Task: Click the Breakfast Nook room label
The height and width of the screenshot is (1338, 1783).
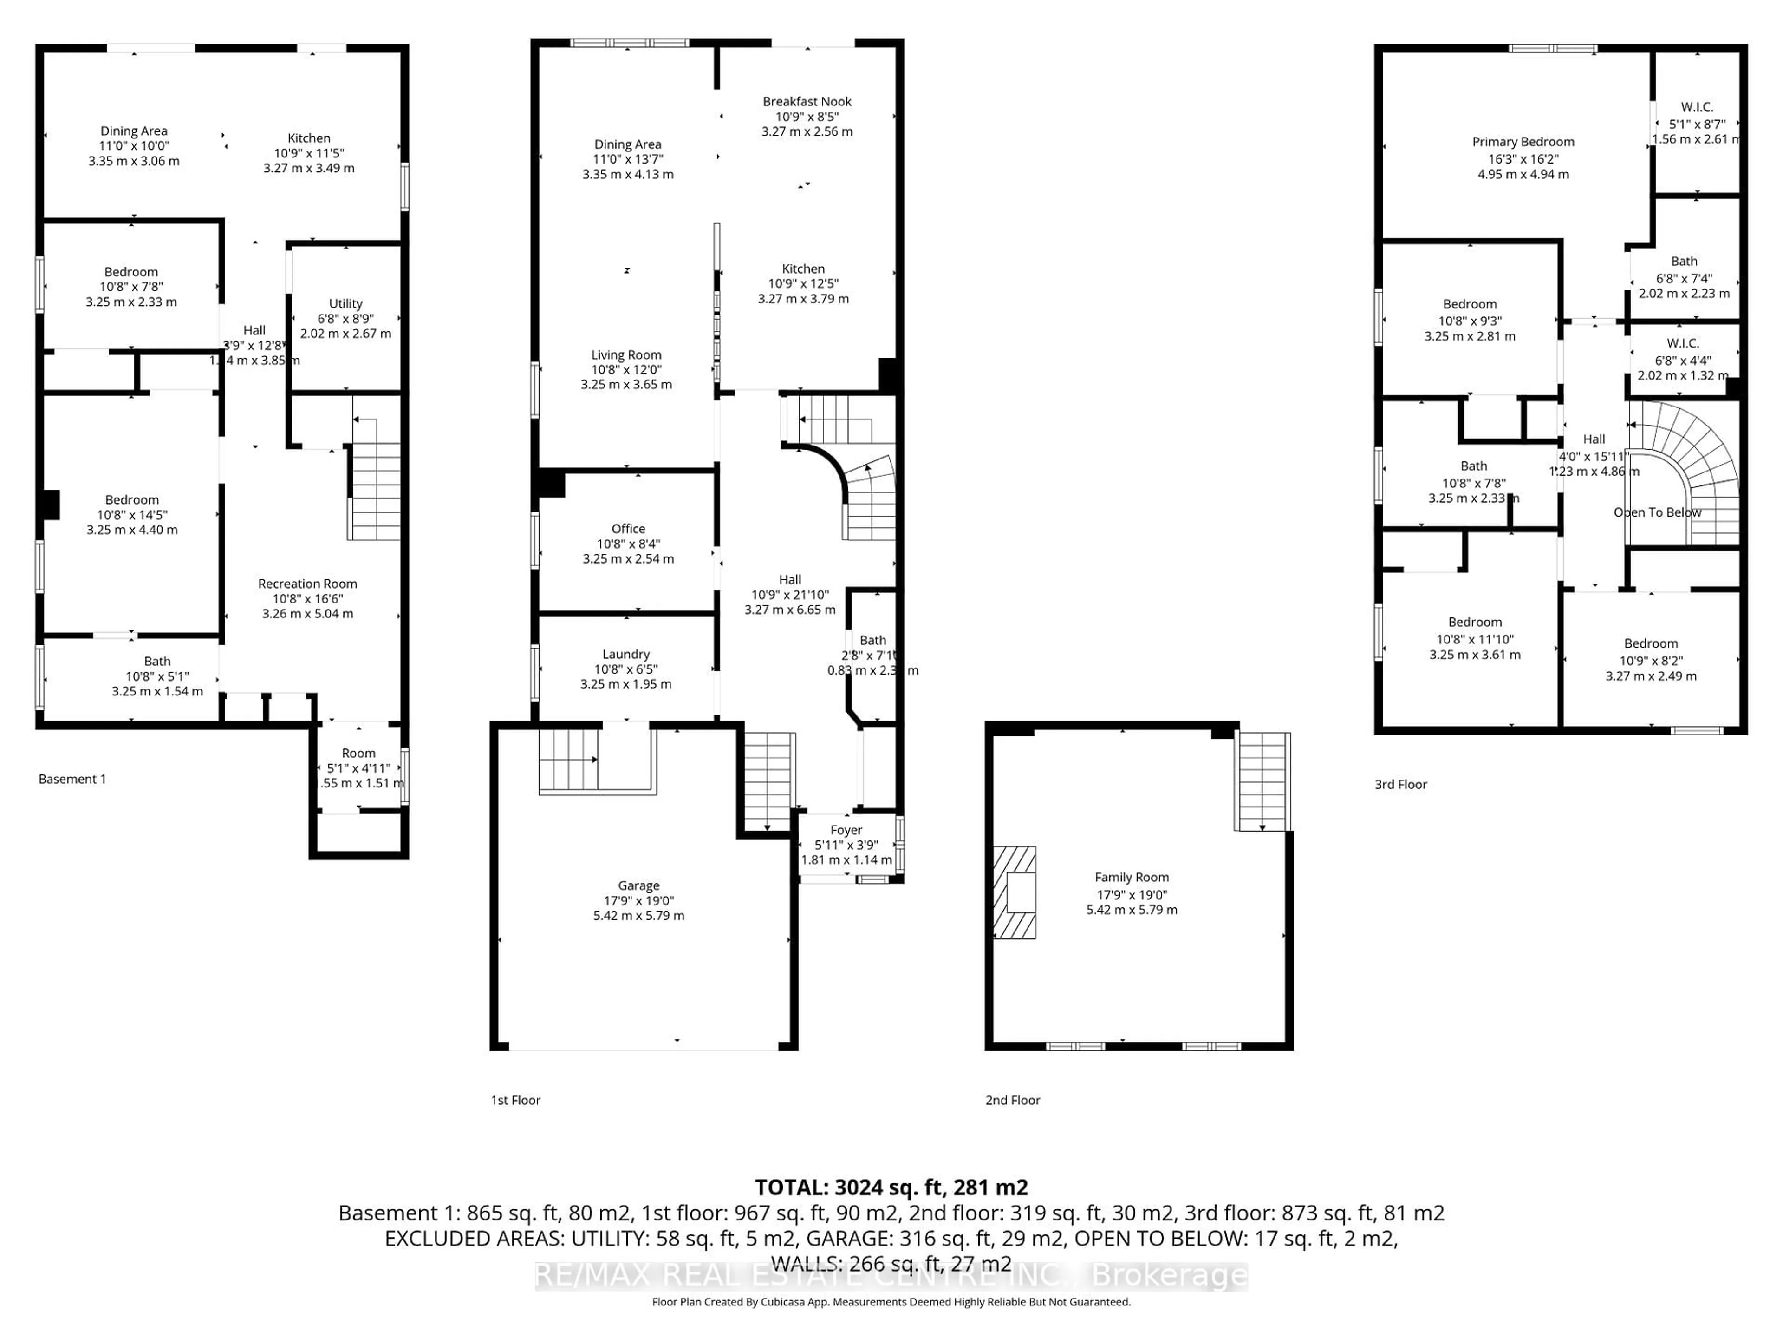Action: tap(807, 102)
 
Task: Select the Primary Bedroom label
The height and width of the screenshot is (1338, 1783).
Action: tap(1523, 142)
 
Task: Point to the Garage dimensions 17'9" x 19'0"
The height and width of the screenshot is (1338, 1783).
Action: tap(638, 901)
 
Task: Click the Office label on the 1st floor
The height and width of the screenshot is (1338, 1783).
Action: tap(628, 529)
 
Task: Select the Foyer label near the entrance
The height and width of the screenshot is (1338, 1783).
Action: tap(846, 830)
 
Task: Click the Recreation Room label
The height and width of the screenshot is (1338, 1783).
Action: tap(307, 584)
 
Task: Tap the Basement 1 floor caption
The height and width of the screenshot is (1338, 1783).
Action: tap(72, 779)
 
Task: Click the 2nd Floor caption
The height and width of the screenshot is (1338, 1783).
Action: tap(1012, 1100)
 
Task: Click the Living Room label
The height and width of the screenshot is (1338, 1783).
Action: tap(626, 355)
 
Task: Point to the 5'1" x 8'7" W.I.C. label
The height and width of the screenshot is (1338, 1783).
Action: tap(1697, 124)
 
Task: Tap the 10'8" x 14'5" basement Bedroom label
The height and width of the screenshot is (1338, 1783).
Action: tap(132, 500)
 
